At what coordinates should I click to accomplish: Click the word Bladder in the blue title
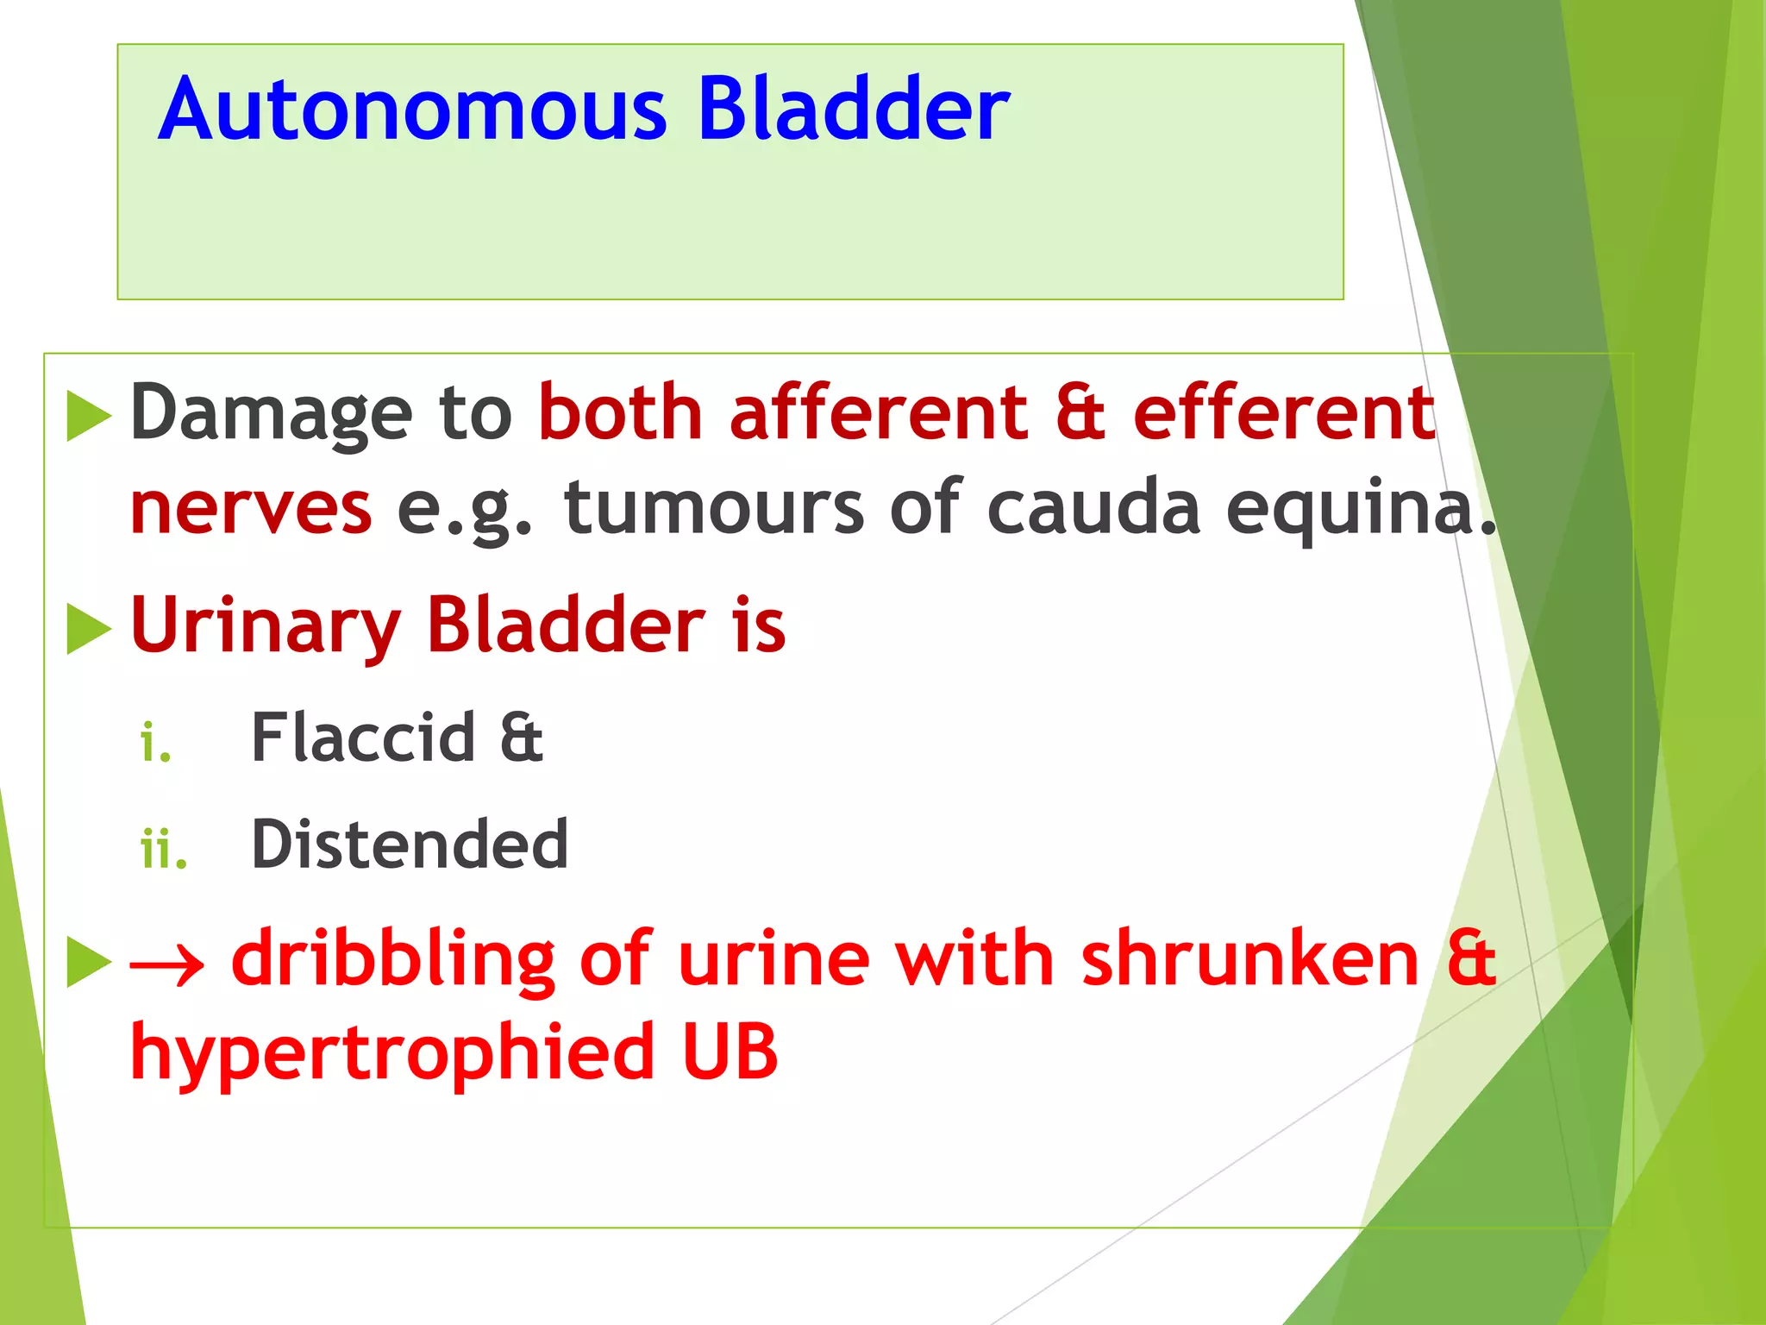click(x=853, y=110)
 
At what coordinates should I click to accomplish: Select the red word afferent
click(x=878, y=414)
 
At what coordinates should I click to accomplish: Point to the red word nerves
click(x=251, y=509)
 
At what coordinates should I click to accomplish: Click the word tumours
click(x=714, y=509)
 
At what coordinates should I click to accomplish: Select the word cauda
click(x=1093, y=509)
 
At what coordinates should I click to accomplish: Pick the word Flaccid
click(x=363, y=738)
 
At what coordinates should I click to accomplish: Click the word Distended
click(x=410, y=845)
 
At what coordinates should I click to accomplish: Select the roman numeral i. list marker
click(x=156, y=743)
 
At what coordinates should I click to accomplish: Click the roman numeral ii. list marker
click(x=163, y=849)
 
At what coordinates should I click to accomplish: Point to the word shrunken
click(x=1249, y=960)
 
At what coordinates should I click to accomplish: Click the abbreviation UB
click(x=730, y=1052)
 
